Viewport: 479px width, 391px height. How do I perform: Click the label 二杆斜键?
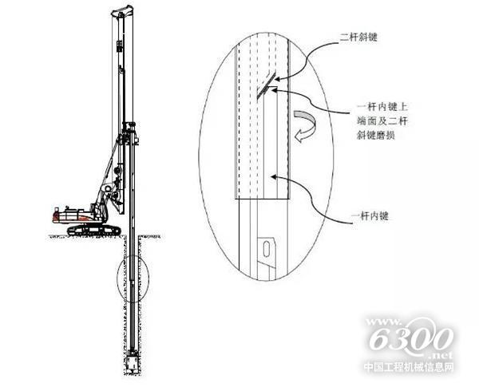358,38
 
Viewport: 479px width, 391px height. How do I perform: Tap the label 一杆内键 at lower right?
370,216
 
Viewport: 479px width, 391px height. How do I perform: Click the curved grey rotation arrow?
305,126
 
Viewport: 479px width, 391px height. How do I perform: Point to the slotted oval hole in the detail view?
267,249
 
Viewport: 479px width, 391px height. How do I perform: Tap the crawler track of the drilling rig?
93,231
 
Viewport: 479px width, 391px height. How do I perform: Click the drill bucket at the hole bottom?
133,362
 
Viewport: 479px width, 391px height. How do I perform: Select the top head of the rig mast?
122,11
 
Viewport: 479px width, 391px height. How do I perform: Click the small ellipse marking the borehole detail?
133,278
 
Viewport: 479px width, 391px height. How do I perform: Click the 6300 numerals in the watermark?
411,338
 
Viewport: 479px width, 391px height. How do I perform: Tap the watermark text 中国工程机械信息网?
409,367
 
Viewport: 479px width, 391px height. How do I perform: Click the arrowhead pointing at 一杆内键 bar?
274,176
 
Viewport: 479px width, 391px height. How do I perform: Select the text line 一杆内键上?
382,107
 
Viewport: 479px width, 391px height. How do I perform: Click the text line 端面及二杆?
382,120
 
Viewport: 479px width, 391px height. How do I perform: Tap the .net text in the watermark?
442,355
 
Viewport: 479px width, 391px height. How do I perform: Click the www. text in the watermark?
383,322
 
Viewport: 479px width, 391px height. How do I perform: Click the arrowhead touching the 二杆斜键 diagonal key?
277,79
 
